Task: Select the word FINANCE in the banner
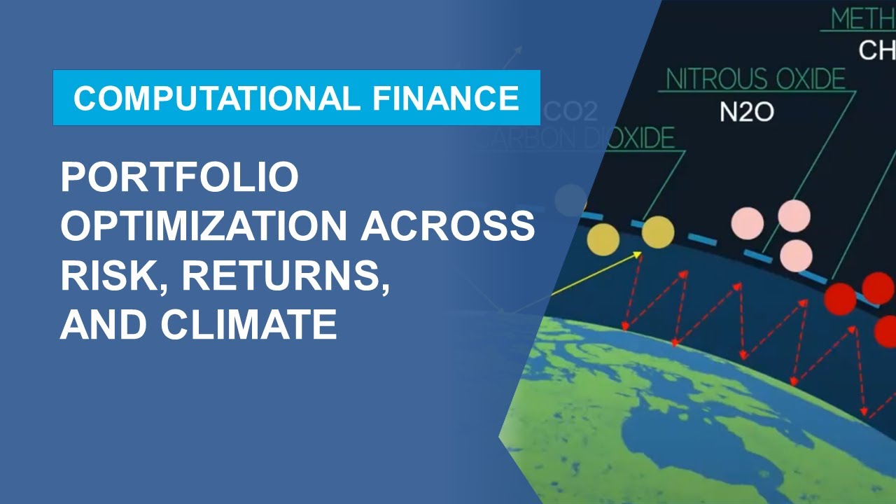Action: click(440, 98)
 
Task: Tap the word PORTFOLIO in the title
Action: click(180, 178)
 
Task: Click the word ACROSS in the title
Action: click(448, 227)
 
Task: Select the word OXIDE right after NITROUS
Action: click(804, 80)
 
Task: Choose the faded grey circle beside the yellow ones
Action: click(570, 200)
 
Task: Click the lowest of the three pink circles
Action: click(796, 255)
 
